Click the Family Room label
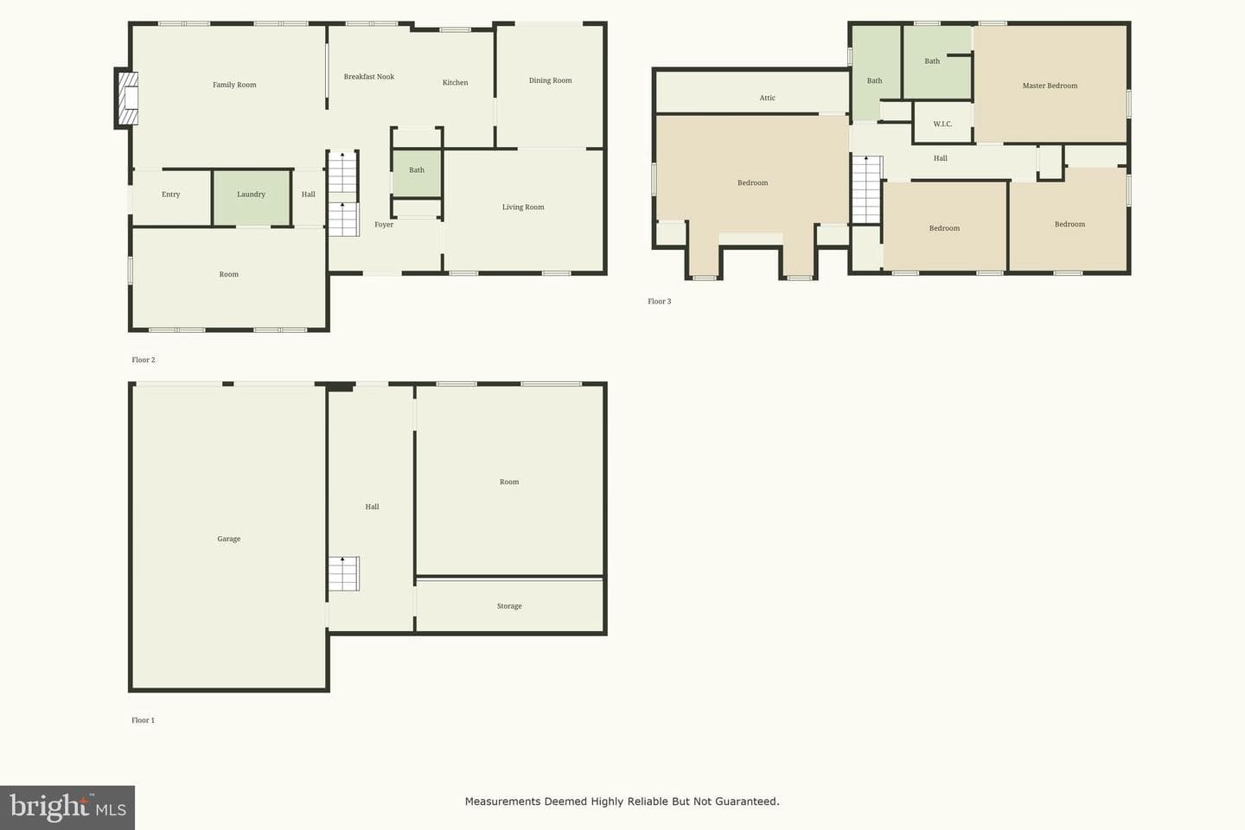coord(234,85)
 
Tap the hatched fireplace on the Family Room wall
coord(128,99)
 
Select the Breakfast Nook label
coord(368,77)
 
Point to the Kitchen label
coord(455,82)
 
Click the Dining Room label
coord(550,80)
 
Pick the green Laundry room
coord(252,197)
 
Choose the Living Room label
coord(523,207)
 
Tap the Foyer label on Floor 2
coord(384,225)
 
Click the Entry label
coord(170,195)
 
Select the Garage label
coord(228,539)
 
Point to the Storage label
coord(509,606)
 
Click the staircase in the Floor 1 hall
coord(343,573)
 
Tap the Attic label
coord(767,98)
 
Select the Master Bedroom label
coord(1050,86)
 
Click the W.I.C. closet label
coord(942,124)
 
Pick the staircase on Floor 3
coord(867,189)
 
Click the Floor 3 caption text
coord(659,302)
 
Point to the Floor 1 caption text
coord(143,720)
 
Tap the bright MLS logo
coord(67,808)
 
